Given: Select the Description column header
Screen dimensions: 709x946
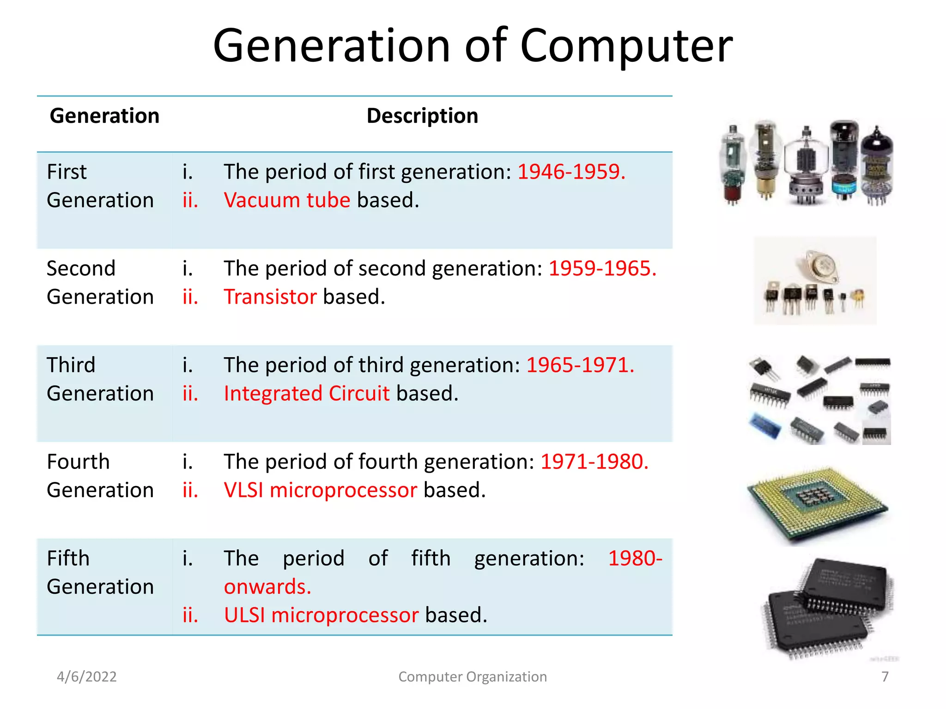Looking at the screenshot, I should [422, 116].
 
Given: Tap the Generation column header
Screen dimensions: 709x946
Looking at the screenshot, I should [104, 116].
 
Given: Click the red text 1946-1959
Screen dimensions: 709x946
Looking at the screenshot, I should [571, 172].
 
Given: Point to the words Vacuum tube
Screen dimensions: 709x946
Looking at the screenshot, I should [287, 200].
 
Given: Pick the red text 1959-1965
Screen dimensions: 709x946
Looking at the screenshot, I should [602, 268].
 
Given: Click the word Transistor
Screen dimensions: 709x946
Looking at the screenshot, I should [270, 297].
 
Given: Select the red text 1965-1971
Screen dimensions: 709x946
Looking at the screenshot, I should [580, 365].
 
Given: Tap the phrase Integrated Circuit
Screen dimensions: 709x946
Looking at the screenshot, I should [307, 394].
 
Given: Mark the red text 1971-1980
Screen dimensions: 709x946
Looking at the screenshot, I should [594, 462].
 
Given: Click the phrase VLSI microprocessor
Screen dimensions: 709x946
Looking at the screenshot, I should [320, 490].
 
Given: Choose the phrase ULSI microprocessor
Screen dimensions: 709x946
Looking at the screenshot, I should [321, 615].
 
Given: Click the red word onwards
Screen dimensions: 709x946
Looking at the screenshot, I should [267, 587].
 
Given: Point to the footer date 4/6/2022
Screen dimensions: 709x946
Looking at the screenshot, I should [87, 677].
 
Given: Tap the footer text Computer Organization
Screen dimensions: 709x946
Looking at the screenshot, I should [473, 677].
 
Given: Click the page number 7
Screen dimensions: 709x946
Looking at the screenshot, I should [885, 677].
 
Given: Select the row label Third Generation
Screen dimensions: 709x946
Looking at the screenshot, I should [100, 379].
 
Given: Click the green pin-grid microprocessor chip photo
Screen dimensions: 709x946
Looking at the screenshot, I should [817, 503].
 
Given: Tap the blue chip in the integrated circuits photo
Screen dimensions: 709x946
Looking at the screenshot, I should [764, 426].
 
